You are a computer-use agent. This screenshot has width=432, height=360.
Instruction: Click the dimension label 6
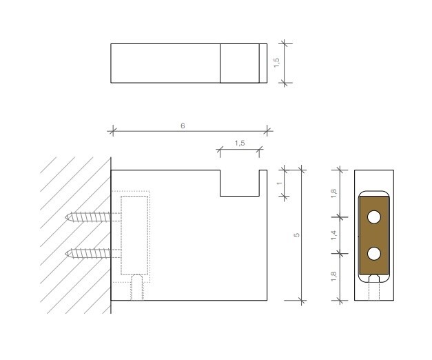(x=183, y=126)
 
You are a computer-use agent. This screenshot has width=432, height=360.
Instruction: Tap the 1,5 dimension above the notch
(x=240, y=143)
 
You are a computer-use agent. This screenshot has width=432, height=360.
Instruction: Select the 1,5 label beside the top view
(x=276, y=63)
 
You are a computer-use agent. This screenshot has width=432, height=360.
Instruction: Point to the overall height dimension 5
(x=296, y=235)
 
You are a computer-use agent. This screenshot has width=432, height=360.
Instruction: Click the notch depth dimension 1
(x=280, y=183)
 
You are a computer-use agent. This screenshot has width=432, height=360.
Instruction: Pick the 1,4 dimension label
(x=333, y=235)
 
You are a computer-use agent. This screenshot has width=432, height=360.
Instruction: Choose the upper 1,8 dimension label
(x=333, y=193)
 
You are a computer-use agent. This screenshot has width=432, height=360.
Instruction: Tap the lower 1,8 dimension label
(x=333, y=277)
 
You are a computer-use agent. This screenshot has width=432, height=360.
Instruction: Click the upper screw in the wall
(x=88, y=217)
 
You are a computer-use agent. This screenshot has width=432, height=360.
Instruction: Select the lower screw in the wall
(x=88, y=254)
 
